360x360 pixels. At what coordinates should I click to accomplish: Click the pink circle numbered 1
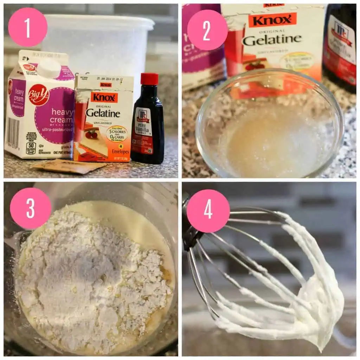[x=27, y=27]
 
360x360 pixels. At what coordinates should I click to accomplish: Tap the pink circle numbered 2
[x=207, y=30]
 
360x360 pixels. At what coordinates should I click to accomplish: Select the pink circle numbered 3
[x=31, y=208]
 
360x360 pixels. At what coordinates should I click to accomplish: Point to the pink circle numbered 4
[x=208, y=211]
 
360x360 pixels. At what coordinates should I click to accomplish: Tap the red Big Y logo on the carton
[x=39, y=95]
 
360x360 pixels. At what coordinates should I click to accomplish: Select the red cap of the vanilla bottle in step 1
[x=149, y=79]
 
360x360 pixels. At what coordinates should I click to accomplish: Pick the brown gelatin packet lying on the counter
[x=69, y=166]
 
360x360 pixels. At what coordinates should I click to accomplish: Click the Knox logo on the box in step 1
[x=104, y=97]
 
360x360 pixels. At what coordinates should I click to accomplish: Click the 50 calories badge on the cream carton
[x=31, y=148]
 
